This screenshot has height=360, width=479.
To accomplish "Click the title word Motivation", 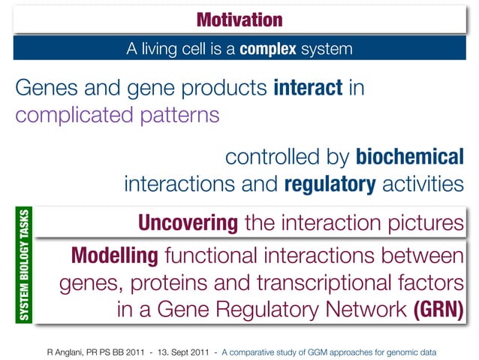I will click(x=239, y=19).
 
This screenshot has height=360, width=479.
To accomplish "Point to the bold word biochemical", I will click(x=409, y=158).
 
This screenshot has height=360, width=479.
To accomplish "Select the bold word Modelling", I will click(x=115, y=256).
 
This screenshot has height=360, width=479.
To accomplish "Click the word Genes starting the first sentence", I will click(x=45, y=89).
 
